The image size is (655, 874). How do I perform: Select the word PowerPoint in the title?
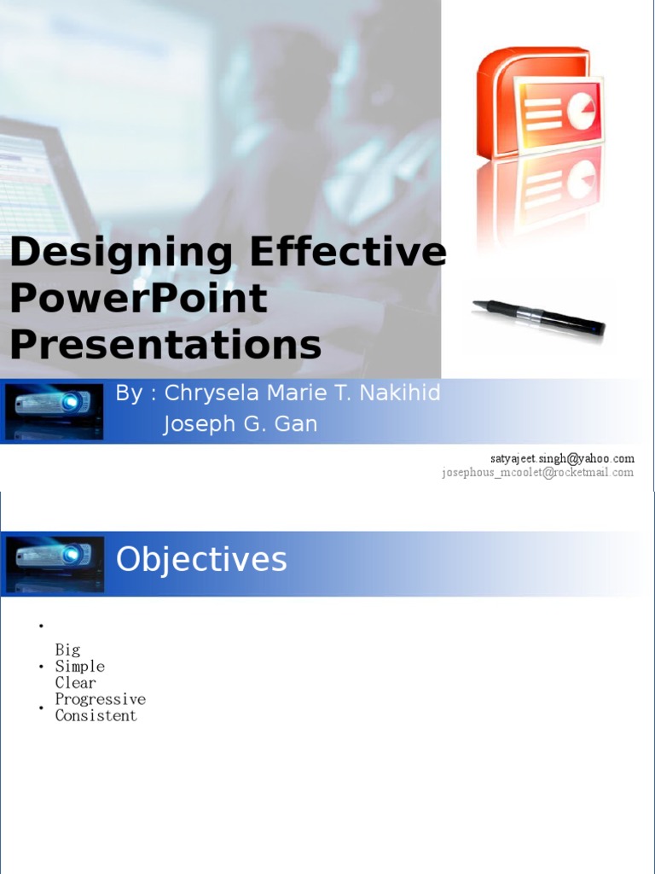138,299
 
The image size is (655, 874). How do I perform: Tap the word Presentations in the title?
165,346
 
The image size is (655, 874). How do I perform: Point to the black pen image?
539,317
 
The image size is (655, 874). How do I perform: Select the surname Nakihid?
400,393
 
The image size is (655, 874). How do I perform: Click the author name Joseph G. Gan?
240,424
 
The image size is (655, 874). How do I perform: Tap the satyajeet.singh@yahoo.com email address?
561,458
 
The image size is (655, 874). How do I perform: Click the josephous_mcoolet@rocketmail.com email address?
537,473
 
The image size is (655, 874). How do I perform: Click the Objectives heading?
201,560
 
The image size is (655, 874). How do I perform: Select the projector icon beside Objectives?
55,563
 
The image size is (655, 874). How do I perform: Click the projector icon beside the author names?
55,411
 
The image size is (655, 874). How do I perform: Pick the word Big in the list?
68,650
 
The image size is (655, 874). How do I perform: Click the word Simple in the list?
80,667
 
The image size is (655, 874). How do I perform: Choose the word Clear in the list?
76,683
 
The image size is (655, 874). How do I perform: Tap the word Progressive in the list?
101,699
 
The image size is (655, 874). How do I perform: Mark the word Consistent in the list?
96,715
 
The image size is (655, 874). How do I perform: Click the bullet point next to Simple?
41,667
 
